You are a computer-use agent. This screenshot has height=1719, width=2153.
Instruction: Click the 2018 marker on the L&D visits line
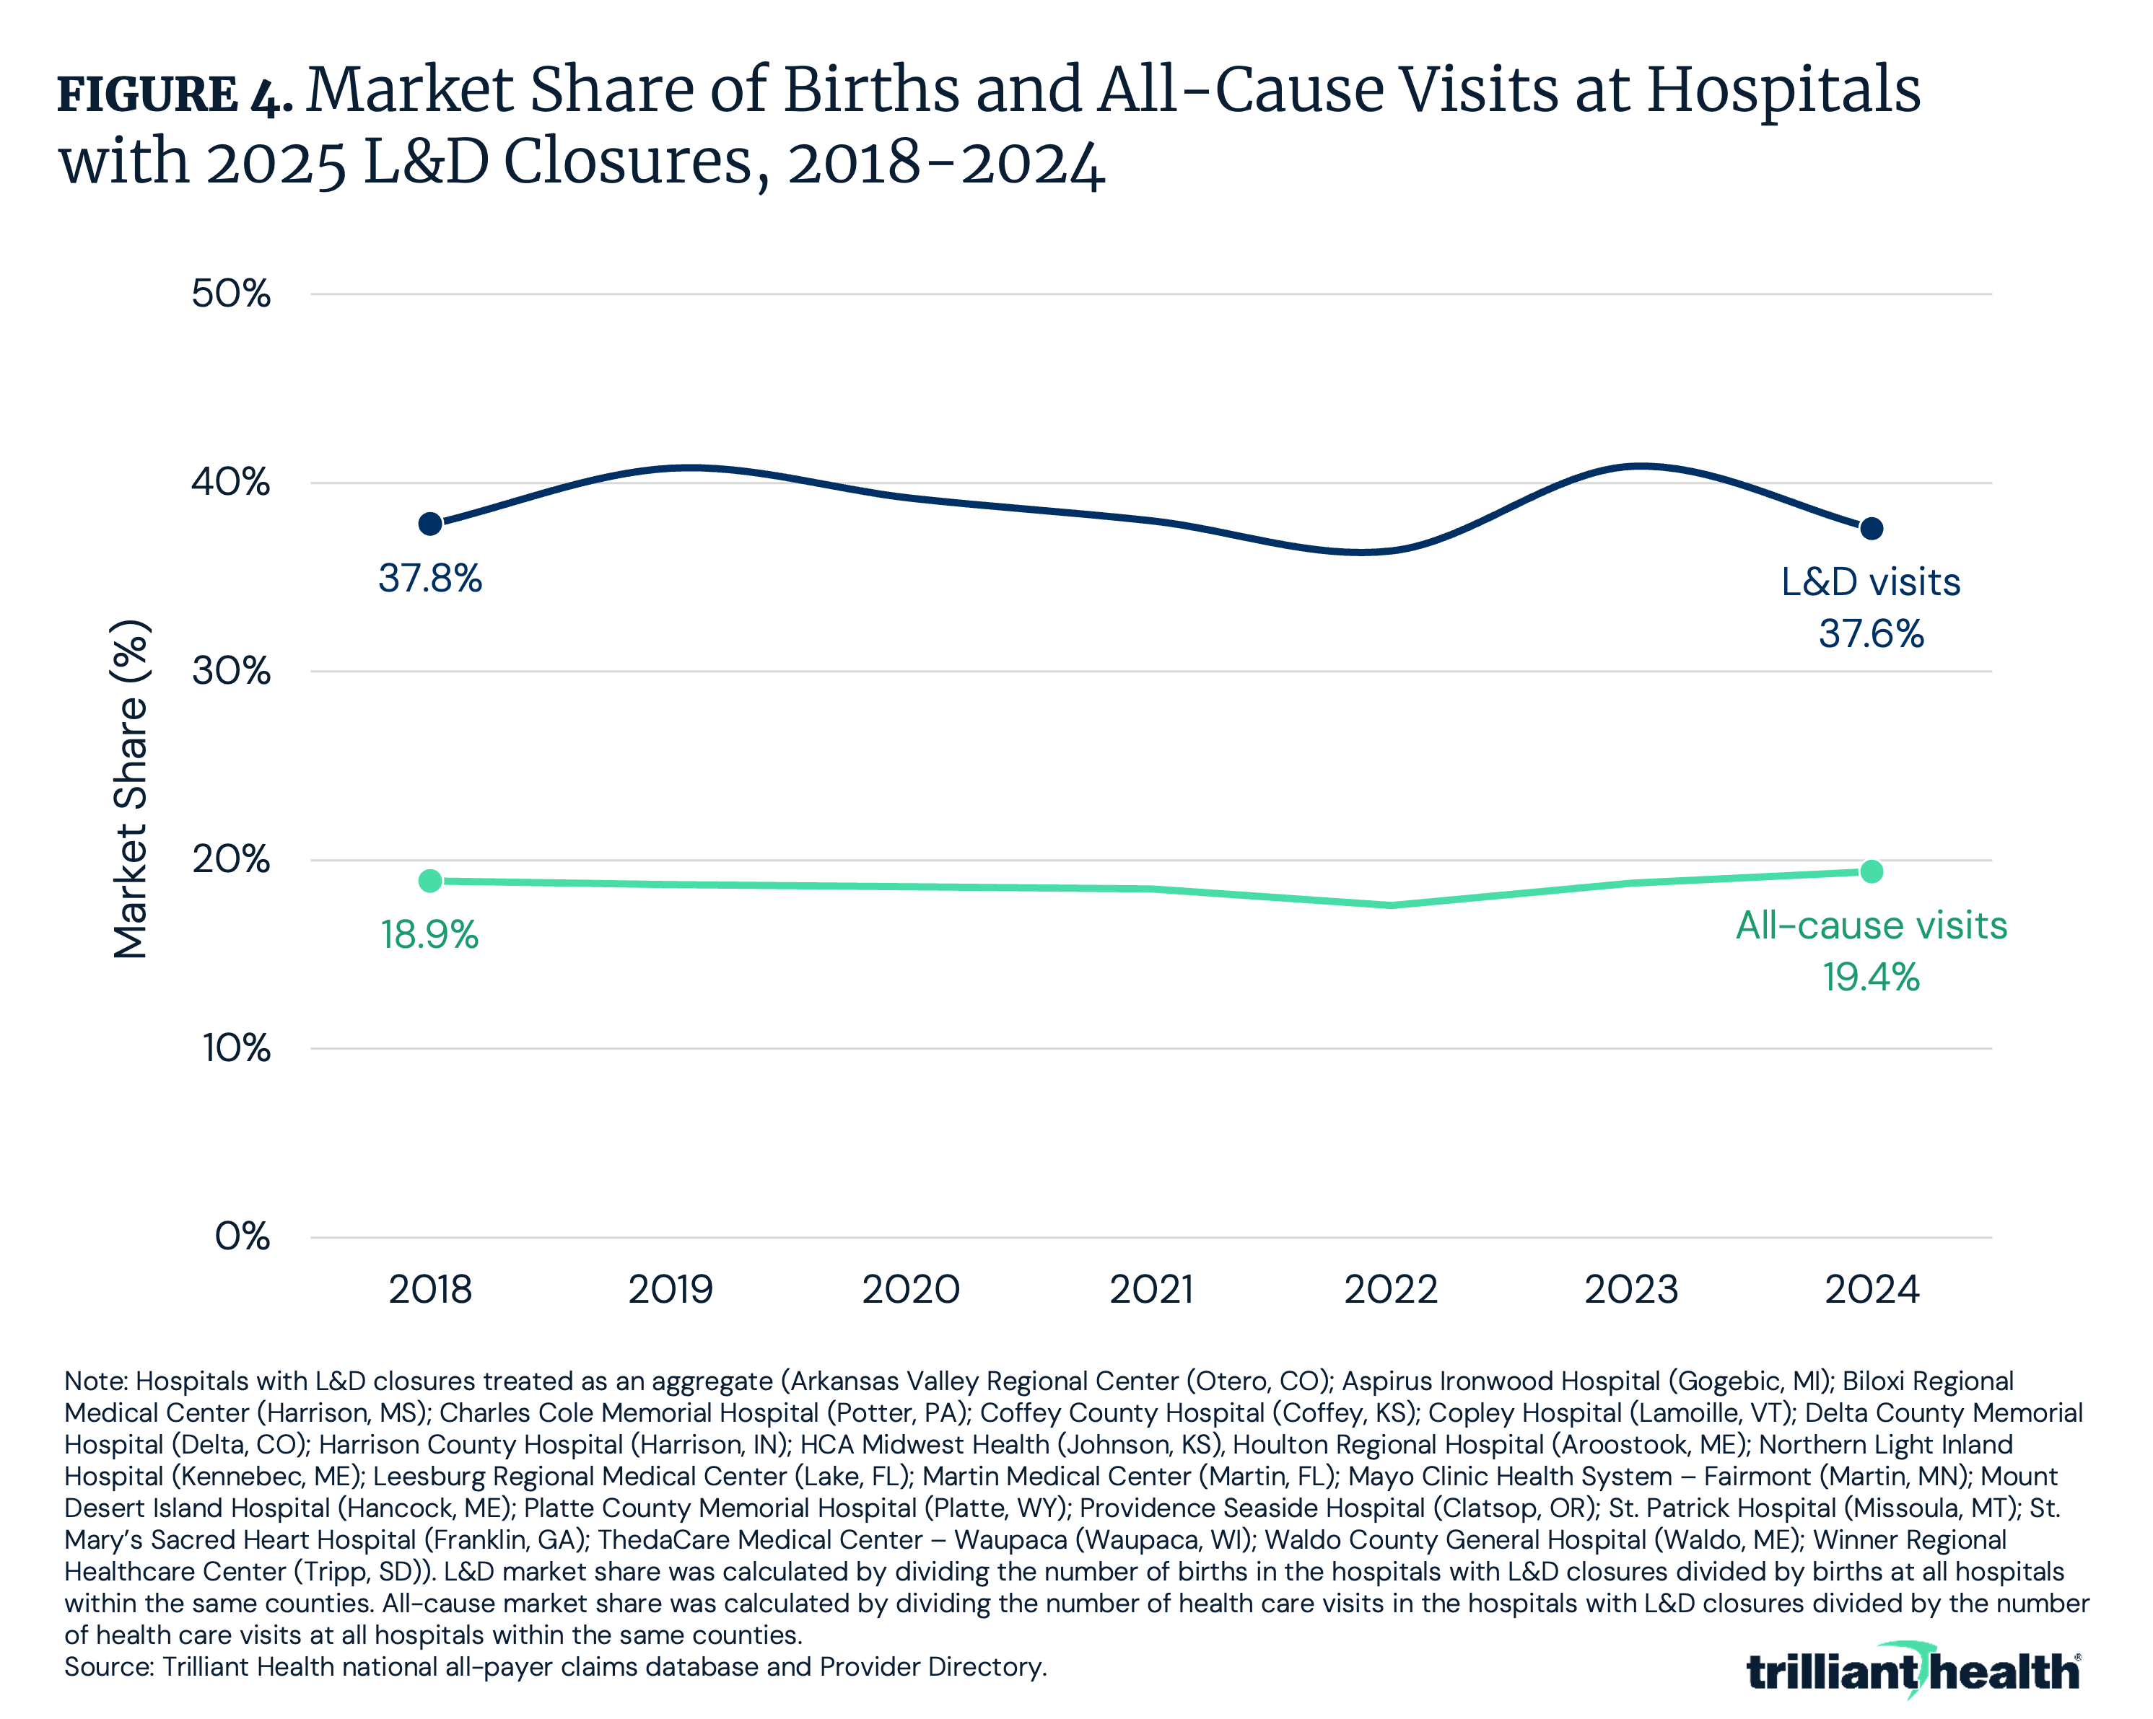tap(430, 524)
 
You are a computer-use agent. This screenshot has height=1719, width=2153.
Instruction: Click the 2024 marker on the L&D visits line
tap(1872, 528)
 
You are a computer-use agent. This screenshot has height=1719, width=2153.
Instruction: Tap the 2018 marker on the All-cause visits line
tap(430, 881)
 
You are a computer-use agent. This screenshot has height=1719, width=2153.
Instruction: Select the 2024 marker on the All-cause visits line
tap(1872, 871)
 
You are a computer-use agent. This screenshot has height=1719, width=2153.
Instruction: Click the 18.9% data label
tap(430, 936)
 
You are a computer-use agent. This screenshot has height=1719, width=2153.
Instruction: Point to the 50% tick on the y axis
tap(231, 294)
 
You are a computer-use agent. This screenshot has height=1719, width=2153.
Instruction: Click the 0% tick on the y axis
tap(242, 1237)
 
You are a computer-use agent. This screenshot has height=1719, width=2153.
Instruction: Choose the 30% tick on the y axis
tap(231, 671)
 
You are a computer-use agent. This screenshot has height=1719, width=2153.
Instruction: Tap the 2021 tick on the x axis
tap(1151, 1290)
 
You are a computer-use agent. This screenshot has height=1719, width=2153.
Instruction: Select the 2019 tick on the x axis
tap(670, 1290)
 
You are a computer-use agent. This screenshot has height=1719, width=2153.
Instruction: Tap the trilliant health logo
tap(1913, 1670)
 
